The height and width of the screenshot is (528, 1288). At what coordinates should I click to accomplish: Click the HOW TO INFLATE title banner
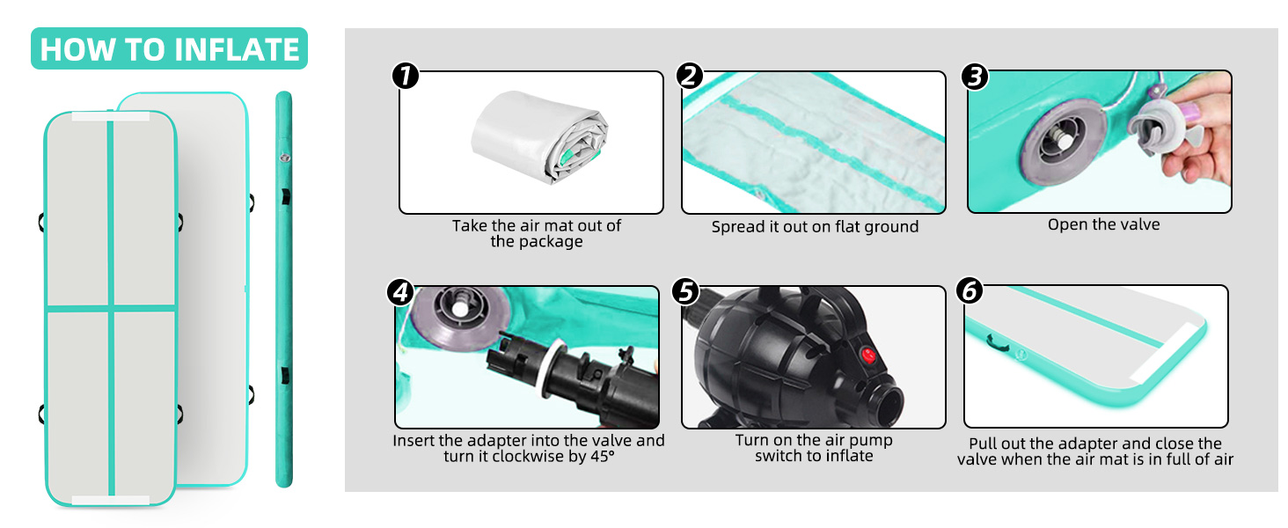pyautogui.click(x=169, y=49)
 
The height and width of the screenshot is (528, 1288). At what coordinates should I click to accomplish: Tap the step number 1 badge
pyautogui.click(x=406, y=76)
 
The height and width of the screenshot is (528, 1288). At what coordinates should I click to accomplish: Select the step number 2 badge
pyautogui.click(x=690, y=76)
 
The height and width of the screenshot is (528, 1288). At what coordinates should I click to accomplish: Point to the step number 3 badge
pyautogui.click(x=975, y=77)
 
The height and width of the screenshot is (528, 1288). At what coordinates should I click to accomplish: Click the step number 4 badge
pyautogui.click(x=401, y=291)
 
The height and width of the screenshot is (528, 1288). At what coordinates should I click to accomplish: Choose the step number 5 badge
pyautogui.click(x=685, y=291)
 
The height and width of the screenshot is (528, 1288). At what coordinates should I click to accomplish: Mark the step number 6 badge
pyautogui.click(x=970, y=290)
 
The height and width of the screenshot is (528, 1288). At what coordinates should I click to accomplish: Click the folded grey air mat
pyautogui.click(x=539, y=137)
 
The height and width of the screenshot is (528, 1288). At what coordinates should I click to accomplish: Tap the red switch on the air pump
pyautogui.click(x=867, y=355)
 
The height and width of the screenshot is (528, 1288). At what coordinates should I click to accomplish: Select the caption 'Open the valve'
pyautogui.click(x=1103, y=224)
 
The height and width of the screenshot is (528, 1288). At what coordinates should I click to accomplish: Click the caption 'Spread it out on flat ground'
pyautogui.click(x=815, y=227)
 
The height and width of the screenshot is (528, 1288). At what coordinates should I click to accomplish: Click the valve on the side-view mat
pyautogui.click(x=284, y=157)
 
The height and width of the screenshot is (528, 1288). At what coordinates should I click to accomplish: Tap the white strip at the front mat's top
pyautogui.click(x=110, y=116)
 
